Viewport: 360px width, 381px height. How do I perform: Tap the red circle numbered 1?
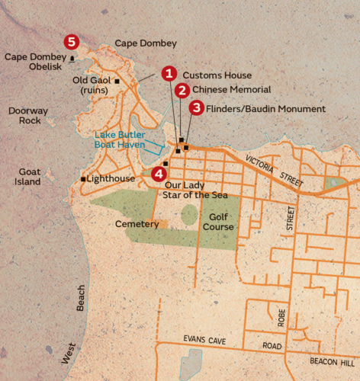coord(169,74)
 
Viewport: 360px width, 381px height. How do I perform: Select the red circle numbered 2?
coord(182,90)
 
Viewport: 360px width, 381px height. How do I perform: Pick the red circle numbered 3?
coord(197,108)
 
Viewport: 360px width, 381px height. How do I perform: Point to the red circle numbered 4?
coord(158,172)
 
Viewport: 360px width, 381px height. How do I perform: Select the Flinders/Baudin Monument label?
coord(265,109)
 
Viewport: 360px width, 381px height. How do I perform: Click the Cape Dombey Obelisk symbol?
coord(72,57)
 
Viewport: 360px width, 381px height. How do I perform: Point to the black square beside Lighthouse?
coord(83,179)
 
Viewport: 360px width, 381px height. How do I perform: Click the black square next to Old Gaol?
coord(117,80)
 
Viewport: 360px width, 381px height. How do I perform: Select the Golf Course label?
coord(217,221)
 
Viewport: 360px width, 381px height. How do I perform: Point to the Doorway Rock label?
coord(27,115)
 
